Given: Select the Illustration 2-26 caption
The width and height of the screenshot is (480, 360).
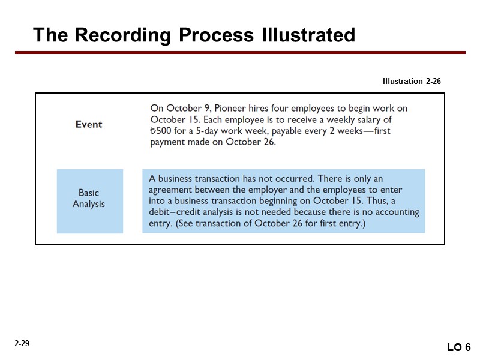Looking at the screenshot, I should (412, 81).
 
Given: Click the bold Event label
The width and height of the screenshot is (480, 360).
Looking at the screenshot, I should (89, 124).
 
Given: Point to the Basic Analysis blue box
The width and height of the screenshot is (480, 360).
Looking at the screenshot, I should (89, 200).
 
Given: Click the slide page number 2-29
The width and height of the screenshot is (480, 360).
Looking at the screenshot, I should (22, 344).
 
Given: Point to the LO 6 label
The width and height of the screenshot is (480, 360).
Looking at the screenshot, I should (459, 347).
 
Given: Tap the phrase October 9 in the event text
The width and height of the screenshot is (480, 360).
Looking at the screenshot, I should (186, 109).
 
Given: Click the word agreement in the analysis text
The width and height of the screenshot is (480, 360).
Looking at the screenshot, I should (171, 190).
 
